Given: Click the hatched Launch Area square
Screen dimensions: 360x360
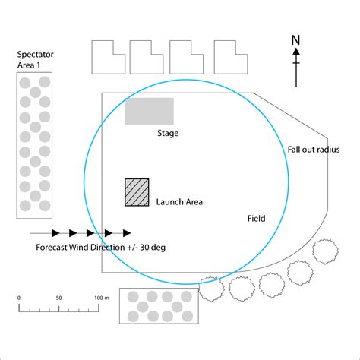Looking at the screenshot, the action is click(137, 192).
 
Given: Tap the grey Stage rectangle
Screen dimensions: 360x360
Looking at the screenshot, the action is click(150, 111).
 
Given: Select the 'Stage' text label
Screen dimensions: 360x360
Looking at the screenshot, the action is click(168, 134).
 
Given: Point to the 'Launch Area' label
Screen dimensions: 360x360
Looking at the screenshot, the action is click(179, 202).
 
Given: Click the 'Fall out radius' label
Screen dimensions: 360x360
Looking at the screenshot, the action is click(314, 150).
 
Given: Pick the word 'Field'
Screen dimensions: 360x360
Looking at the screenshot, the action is click(256, 219).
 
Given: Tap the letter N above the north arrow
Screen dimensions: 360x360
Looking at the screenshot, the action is click(295, 40).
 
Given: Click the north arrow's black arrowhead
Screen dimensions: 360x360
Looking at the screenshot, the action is click(296, 51).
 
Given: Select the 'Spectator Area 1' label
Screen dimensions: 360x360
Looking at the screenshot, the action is click(35, 60).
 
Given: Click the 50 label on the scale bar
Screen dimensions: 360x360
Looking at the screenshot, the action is click(58, 298).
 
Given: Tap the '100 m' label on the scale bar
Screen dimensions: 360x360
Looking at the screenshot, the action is click(102, 298).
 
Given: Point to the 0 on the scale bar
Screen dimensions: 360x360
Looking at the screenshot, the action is click(19, 298).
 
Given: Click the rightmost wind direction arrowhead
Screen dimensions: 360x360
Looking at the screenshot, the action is click(127, 233).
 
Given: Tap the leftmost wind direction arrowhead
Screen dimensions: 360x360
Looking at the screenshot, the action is click(55, 233).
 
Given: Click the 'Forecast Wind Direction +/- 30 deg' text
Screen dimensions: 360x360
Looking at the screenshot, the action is click(101, 247).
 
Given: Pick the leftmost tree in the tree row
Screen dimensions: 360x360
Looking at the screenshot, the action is click(211, 289).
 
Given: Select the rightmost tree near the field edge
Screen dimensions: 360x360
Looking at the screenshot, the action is click(325, 251).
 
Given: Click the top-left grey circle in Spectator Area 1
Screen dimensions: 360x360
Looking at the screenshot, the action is click(25, 83).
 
